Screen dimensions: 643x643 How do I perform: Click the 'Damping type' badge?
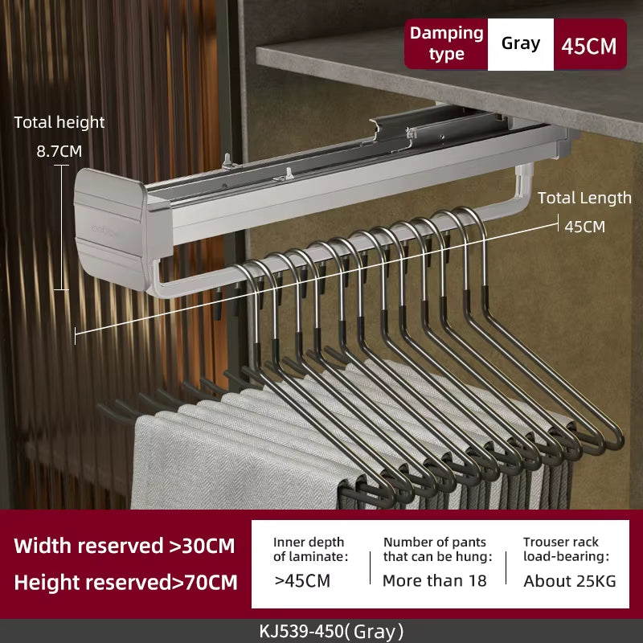(446, 43)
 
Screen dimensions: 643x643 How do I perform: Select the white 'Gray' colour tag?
(521, 43)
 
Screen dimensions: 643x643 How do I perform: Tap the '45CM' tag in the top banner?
(589, 45)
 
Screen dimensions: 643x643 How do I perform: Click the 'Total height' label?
(59, 122)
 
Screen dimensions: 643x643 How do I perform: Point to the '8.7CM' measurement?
(59, 150)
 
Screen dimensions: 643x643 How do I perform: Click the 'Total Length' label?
(584, 198)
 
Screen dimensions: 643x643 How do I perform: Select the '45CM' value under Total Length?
(584, 226)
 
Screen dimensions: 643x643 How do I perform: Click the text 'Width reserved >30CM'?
(125, 546)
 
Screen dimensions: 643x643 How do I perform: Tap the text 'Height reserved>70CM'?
(125, 582)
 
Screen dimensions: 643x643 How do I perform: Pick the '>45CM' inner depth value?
(302, 580)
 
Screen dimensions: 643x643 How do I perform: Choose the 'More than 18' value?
(434, 580)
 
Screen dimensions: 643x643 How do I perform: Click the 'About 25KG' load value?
(570, 580)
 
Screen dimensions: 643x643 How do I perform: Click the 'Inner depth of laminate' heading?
(310, 549)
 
